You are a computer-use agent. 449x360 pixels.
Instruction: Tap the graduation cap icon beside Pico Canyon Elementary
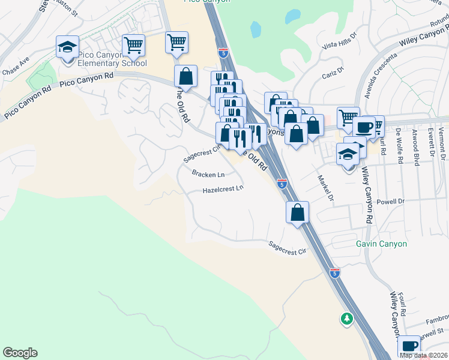tap(68, 46)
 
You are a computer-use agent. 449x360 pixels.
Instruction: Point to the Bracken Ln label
tap(208, 175)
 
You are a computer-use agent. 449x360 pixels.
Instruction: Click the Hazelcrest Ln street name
tap(223, 189)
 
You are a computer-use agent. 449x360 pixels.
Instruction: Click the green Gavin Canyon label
tap(381, 244)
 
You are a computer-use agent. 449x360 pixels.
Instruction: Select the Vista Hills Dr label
tap(339, 46)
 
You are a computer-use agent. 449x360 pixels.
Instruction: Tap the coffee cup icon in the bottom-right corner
tap(409, 346)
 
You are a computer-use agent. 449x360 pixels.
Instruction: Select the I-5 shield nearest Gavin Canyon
tap(335, 272)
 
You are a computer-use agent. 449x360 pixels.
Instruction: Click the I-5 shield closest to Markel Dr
tap(282, 184)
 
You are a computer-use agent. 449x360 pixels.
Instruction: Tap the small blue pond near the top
tap(256, 28)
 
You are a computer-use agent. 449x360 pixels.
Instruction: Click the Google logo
tap(20, 353)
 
